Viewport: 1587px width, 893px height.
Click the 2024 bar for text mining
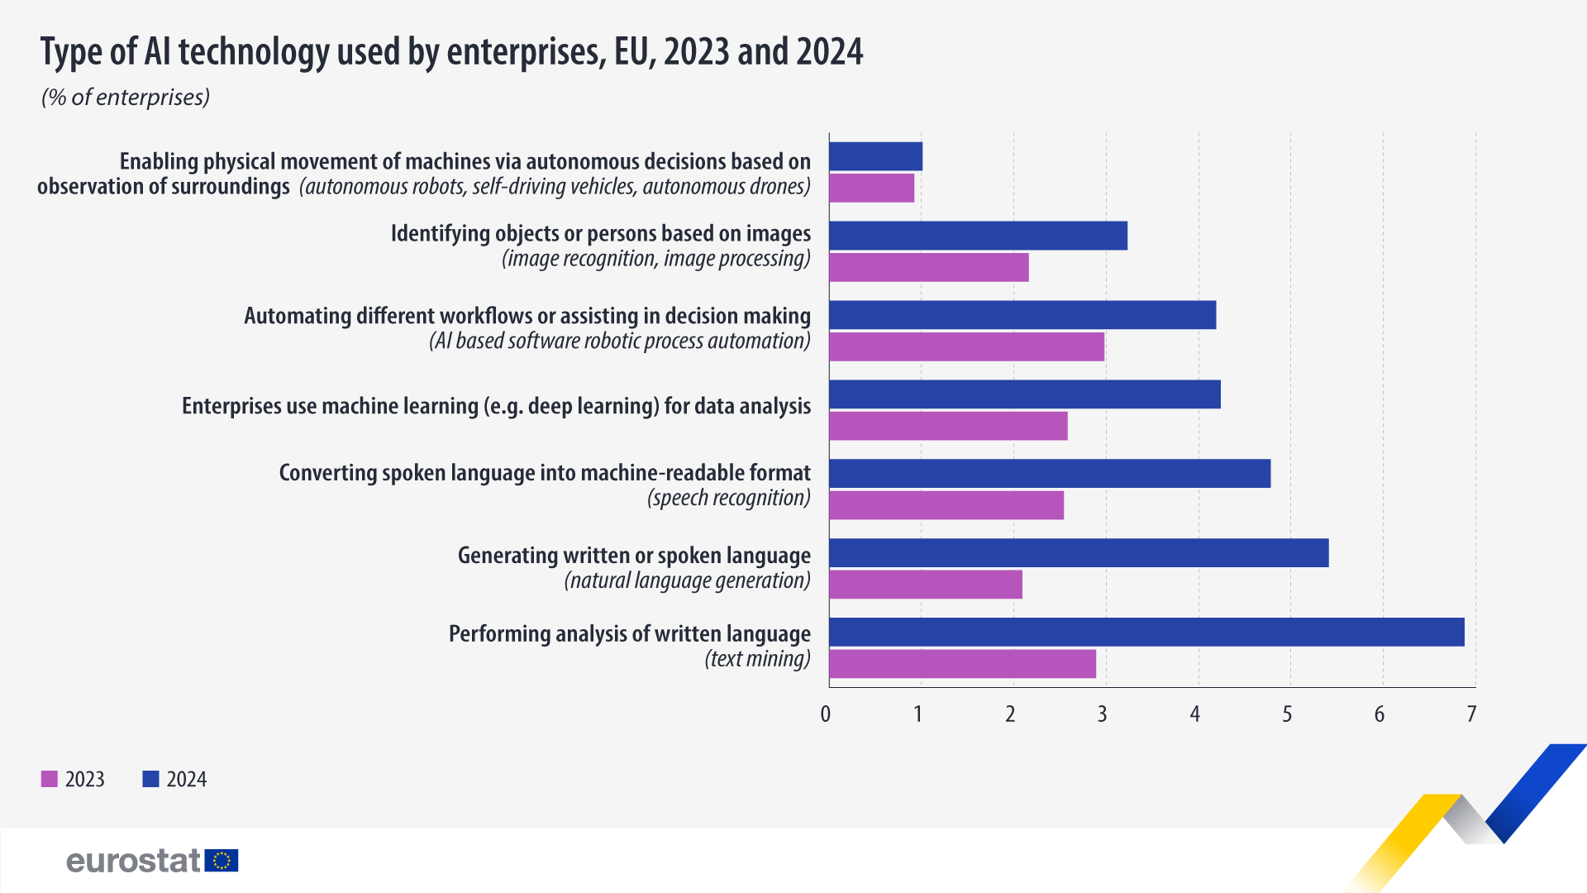[x=1146, y=632]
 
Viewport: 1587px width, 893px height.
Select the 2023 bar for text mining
[x=962, y=664]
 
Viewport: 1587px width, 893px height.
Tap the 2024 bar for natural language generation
[x=1079, y=552]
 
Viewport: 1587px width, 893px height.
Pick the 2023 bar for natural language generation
[x=926, y=585]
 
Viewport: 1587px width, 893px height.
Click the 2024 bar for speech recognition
[x=1050, y=473]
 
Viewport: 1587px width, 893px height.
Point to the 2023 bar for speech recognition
[x=946, y=505]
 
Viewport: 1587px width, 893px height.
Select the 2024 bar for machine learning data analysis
[x=1025, y=394]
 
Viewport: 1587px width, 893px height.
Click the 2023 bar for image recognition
[x=929, y=268]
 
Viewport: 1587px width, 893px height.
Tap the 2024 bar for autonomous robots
[x=875, y=156]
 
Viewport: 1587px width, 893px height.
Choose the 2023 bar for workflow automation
[x=966, y=347]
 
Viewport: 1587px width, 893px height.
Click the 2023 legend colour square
[x=50, y=779]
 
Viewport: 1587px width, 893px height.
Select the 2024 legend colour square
[x=150, y=779]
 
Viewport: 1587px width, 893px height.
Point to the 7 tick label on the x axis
[x=1471, y=714]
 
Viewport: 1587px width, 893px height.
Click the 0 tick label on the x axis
[x=826, y=714]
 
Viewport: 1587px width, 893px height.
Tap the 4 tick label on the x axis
[x=1194, y=714]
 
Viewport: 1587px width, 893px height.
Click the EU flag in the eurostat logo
[x=222, y=861]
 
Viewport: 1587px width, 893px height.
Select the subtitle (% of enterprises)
[x=126, y=98]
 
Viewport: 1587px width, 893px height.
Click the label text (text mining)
[x=757, y=659]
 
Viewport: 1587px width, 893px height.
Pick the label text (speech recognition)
[x=728, y=498]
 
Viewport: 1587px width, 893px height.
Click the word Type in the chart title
[x=72, y=52]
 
